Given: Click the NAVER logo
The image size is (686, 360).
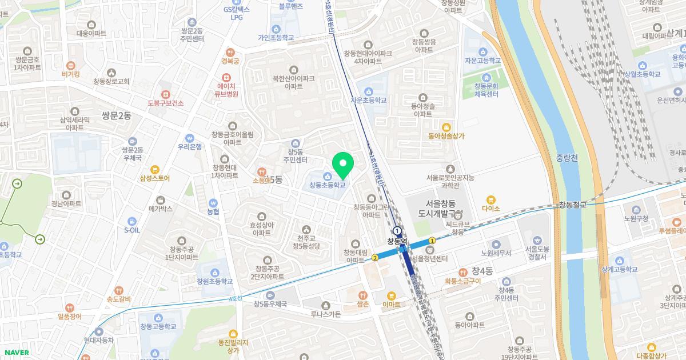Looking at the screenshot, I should pyautogui.click(x=15, y=352).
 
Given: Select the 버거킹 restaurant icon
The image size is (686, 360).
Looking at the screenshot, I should pyautogui.click(x=71, y=66).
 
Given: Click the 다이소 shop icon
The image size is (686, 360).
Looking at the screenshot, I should pyautogui.click(x=490, y=199).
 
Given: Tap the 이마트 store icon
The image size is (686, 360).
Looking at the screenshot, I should pyautogui.click(x=392, y=295).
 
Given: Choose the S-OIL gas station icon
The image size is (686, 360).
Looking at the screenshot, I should pyautogui.click(x=132, y=221).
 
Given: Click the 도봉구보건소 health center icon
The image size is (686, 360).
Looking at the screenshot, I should pyautogui.click(x=165, y=94).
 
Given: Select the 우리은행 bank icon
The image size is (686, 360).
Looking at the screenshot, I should pyautogui.click(x=190, y=137).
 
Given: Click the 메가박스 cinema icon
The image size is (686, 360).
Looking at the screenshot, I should pyautogui.click(x=160, y=200).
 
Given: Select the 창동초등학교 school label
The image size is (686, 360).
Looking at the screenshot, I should pyautogui.click(x=328, y=185).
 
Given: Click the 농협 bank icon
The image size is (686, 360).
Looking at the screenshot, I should pyautogui.click(x=213, y=202).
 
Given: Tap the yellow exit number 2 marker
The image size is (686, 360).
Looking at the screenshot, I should pyautogui.click(x=375, y=258).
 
